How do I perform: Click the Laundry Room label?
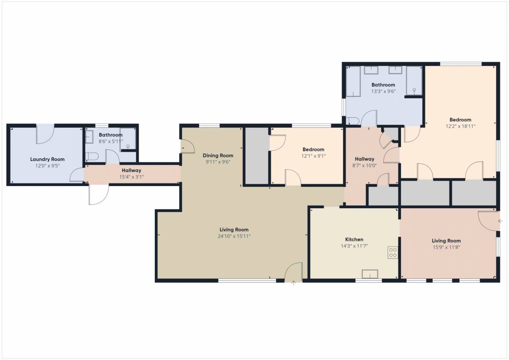(x=48, y=159)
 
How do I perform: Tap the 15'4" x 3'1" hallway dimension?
(x=132, y=177)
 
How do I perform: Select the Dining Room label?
(x=218, y=155)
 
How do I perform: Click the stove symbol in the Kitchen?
(x=393, y=253)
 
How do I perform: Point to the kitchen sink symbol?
(x=370, y=274)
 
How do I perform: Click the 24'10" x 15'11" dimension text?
(x=234, y=236)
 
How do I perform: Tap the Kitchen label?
(x=354, y=239)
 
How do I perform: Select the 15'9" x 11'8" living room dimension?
(x=446, y=247)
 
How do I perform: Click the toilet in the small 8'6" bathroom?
(x=92, y=157)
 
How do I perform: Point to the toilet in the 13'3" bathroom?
(x=352, y=121)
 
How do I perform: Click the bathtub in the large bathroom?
(x=353, y=82)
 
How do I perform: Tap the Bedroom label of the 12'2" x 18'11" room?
(x=460, y=120)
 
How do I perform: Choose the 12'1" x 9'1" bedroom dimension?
(x=313, y=156)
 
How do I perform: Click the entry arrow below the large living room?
(x=293, y=283)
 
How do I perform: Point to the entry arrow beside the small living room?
(x=500, y=221)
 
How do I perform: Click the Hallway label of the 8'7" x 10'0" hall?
(x=364, y=159)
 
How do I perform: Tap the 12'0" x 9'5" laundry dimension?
(x=48, y=166)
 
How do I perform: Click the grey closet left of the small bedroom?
(x=257, y=156)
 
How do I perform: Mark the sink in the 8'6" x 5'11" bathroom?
(x=89, y=137)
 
